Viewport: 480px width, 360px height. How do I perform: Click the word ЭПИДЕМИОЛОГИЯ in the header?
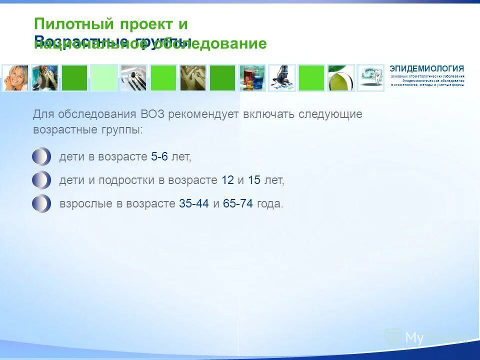point(426,68)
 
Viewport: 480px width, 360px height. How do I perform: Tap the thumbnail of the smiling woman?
point(15,78)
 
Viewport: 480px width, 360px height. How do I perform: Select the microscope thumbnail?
point(281,78)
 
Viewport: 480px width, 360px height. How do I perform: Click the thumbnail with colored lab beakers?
point(252,78)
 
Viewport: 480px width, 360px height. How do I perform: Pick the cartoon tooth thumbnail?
point(370,78)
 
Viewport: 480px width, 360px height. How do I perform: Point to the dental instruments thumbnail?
point(133,78)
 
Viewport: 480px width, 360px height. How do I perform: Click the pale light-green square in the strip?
point(104,78)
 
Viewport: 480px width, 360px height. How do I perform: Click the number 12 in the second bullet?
point(227,180)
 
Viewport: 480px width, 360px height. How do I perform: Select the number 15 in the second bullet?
point(254,180)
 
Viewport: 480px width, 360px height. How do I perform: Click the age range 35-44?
point(193,204)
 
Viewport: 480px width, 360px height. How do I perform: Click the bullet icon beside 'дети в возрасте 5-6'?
point(41,157)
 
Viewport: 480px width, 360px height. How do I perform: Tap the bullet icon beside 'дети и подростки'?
point(41,180)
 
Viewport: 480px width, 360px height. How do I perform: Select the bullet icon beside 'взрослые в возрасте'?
point(41,203)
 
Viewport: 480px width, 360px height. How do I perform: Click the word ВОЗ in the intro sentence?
point(151,114)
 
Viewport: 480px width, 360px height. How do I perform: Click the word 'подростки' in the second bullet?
point(126,180)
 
